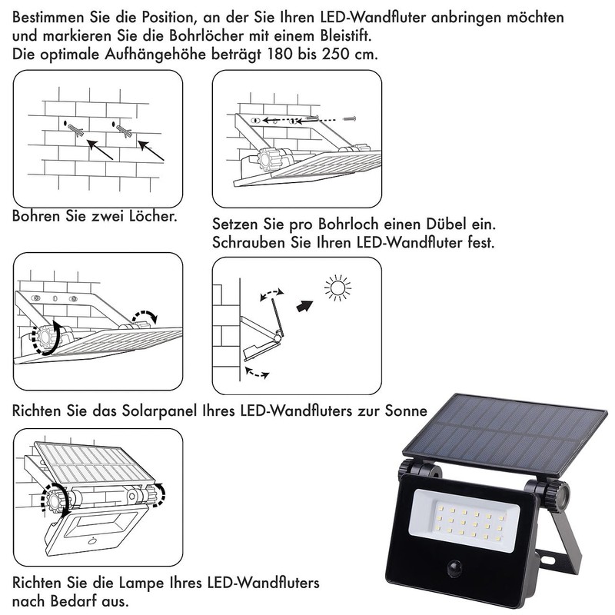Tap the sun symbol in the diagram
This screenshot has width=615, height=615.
click(337, 289)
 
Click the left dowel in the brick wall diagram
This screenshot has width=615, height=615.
click(75, 130)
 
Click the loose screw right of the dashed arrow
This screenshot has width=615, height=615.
click(350, 119)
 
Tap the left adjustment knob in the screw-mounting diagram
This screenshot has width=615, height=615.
click(270, 160)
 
